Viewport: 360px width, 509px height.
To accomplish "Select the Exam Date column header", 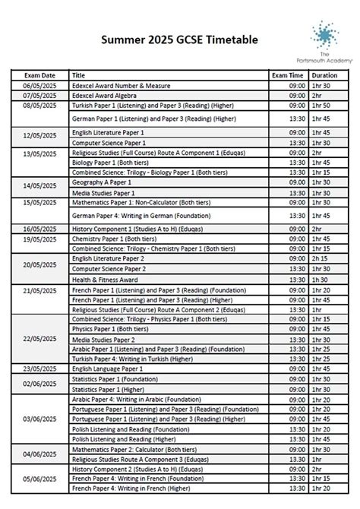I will coord(39,76).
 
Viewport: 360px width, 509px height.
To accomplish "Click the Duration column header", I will coord(324,76).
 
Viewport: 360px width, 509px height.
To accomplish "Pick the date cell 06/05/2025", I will coord(39,86).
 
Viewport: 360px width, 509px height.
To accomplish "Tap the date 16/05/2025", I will coord(39,227).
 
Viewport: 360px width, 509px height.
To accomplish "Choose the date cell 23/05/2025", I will coord(39,368).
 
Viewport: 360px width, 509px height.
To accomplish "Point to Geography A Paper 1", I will coord(101,184).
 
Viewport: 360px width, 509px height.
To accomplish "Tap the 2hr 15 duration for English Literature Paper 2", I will coord(324,258).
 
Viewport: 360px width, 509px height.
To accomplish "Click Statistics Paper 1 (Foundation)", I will coord(111,378).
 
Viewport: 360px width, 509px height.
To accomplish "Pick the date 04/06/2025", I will coord(39,454).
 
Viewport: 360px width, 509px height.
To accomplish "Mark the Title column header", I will coord(78,76).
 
